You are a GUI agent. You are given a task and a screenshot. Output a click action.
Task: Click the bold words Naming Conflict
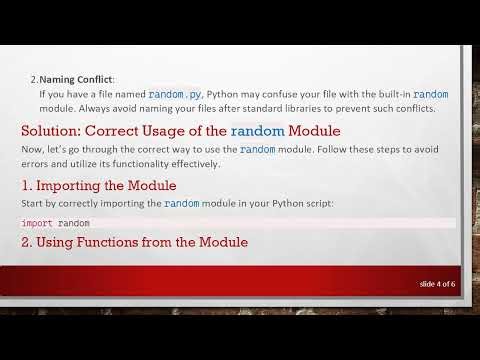tap(78, 79)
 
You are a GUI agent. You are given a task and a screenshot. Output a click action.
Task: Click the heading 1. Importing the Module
tap(98, 185)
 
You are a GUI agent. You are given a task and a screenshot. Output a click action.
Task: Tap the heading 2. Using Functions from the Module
tap(134, 242)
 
